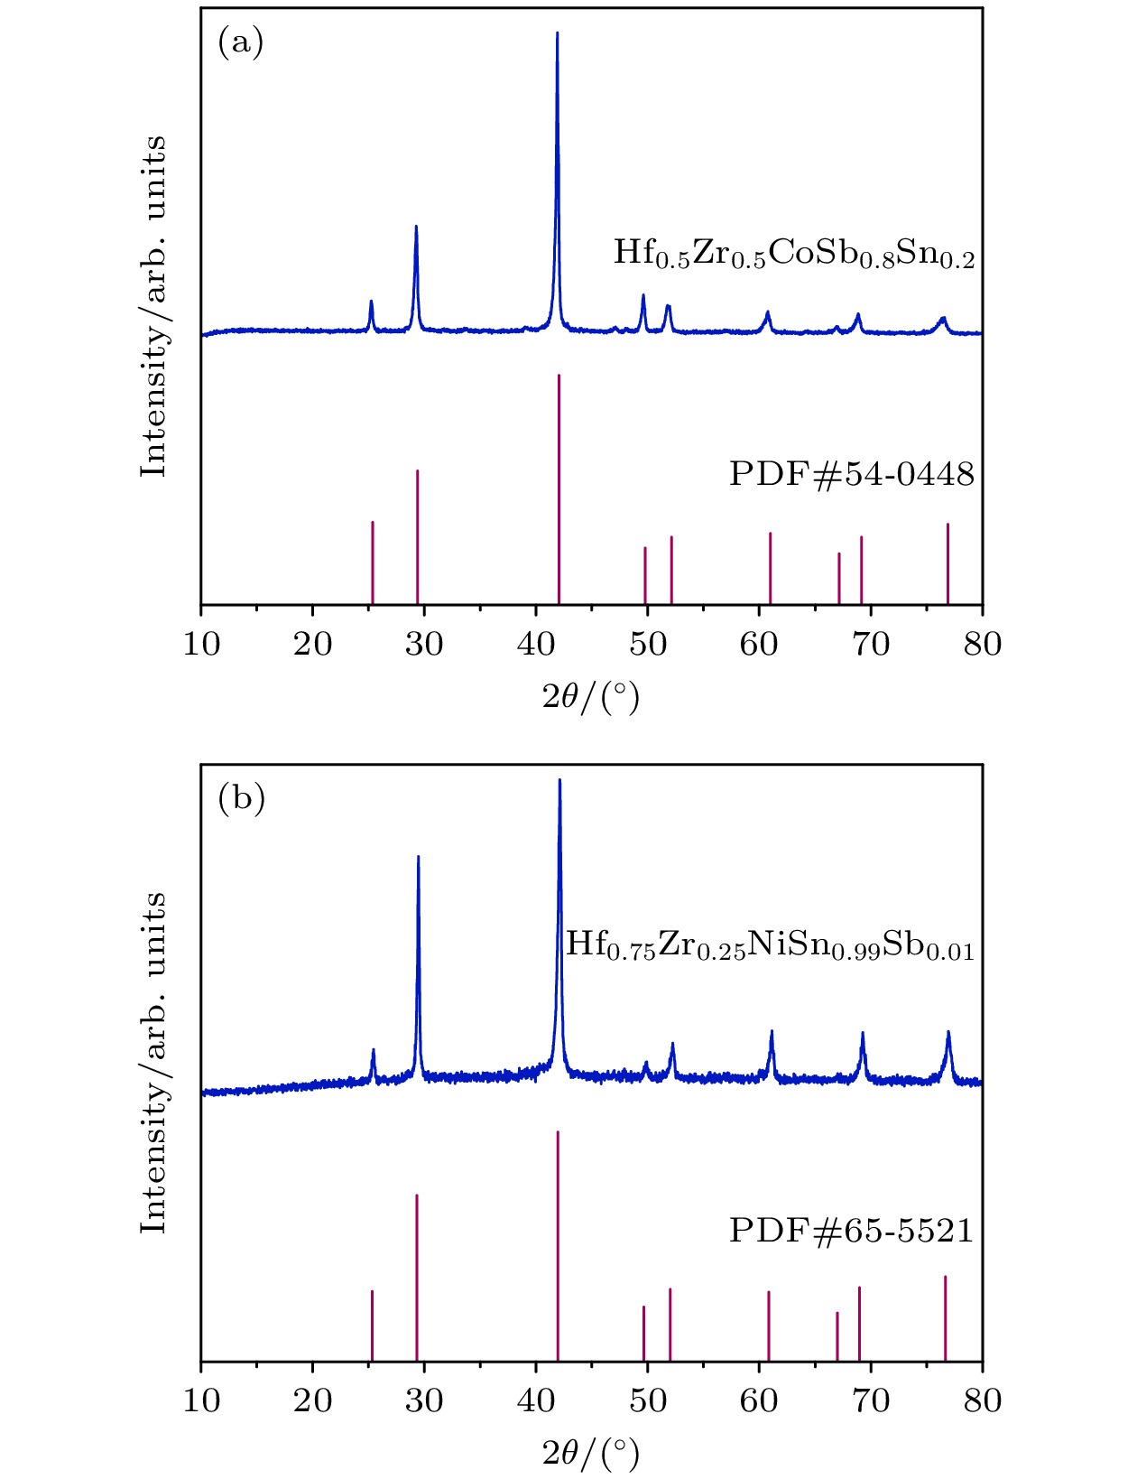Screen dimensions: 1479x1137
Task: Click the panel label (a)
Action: point(240,42)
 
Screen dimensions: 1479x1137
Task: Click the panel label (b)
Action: point(241,797)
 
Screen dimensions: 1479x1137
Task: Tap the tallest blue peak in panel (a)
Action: point(557,36)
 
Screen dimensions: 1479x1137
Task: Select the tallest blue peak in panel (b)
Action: point(559,783)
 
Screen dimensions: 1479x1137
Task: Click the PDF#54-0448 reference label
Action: point(851,473)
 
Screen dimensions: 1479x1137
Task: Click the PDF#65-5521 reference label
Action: point(851,1230)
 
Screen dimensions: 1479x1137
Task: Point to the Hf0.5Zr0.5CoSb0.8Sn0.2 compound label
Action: point(793,254)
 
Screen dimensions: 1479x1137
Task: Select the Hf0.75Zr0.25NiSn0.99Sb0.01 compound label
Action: point(769,946)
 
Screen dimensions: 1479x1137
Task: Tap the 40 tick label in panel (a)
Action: point(536,645)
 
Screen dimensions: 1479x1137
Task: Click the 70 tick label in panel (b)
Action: point(871,1400)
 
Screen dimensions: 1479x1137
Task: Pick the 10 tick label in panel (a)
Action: point(201,645)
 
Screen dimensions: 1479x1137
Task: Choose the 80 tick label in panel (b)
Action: point(982,1400)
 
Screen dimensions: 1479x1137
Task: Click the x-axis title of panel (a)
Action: point(590,697)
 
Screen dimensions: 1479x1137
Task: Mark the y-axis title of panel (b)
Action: point(154,1062)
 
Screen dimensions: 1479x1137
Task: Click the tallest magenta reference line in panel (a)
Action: point(559,488)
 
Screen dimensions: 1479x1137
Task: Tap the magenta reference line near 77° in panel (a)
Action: point(947,563)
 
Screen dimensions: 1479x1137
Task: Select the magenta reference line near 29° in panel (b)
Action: point(417,1277)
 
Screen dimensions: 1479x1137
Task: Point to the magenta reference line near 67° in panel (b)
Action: point(837,1335)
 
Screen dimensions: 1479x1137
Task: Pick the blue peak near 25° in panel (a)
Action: point(371,303)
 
